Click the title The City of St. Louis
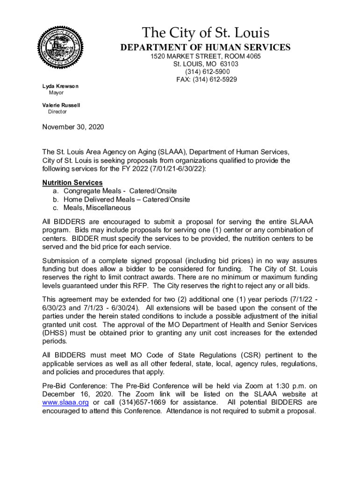pyautogui.click(x=206, y=33)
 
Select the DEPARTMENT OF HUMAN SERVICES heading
pyautogui.click(x=206, y=47)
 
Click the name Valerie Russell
pyautogui.click(x=61, y=105)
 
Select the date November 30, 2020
pyautogui.click(x=73, y=127)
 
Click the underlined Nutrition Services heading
pyautogui.click(x=72, y=182)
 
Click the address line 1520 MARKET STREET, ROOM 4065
pyautogui.click(x=205, y=57)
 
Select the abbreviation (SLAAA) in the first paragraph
pyautogui.click(x=173, y=152)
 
